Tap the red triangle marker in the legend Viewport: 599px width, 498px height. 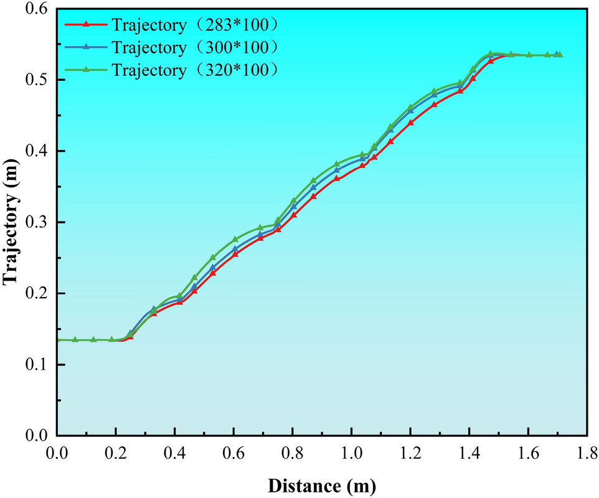click(x=87, y=25)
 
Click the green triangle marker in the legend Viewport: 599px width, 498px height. click(x=87, y=70)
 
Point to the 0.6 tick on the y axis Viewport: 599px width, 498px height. click(x=38, y=9)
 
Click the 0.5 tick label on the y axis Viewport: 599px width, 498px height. click(x=38, y=80)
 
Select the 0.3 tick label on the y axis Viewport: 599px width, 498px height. click(x=38, y=222)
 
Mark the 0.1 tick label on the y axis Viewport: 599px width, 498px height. click(x=38, y=365)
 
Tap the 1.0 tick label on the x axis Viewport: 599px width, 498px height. click(x=351, y=453)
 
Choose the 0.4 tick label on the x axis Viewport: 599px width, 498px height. click(x=174, y=453)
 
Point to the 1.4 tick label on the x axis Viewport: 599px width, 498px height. click(x=469, y=453)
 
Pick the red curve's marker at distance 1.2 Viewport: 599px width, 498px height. click(x=410, y=123)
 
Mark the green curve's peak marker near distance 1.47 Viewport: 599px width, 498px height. click(x=491, y=54)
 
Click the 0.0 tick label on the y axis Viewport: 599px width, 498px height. click(x=38, y=436)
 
